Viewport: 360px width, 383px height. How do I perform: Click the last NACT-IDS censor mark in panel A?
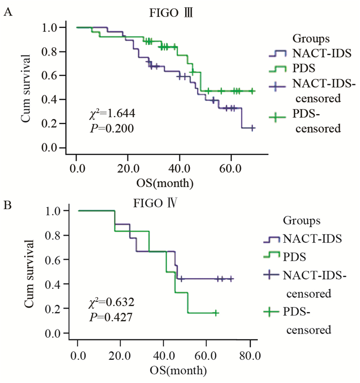(253, 127)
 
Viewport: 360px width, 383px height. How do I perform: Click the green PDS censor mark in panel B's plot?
(216, 313)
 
